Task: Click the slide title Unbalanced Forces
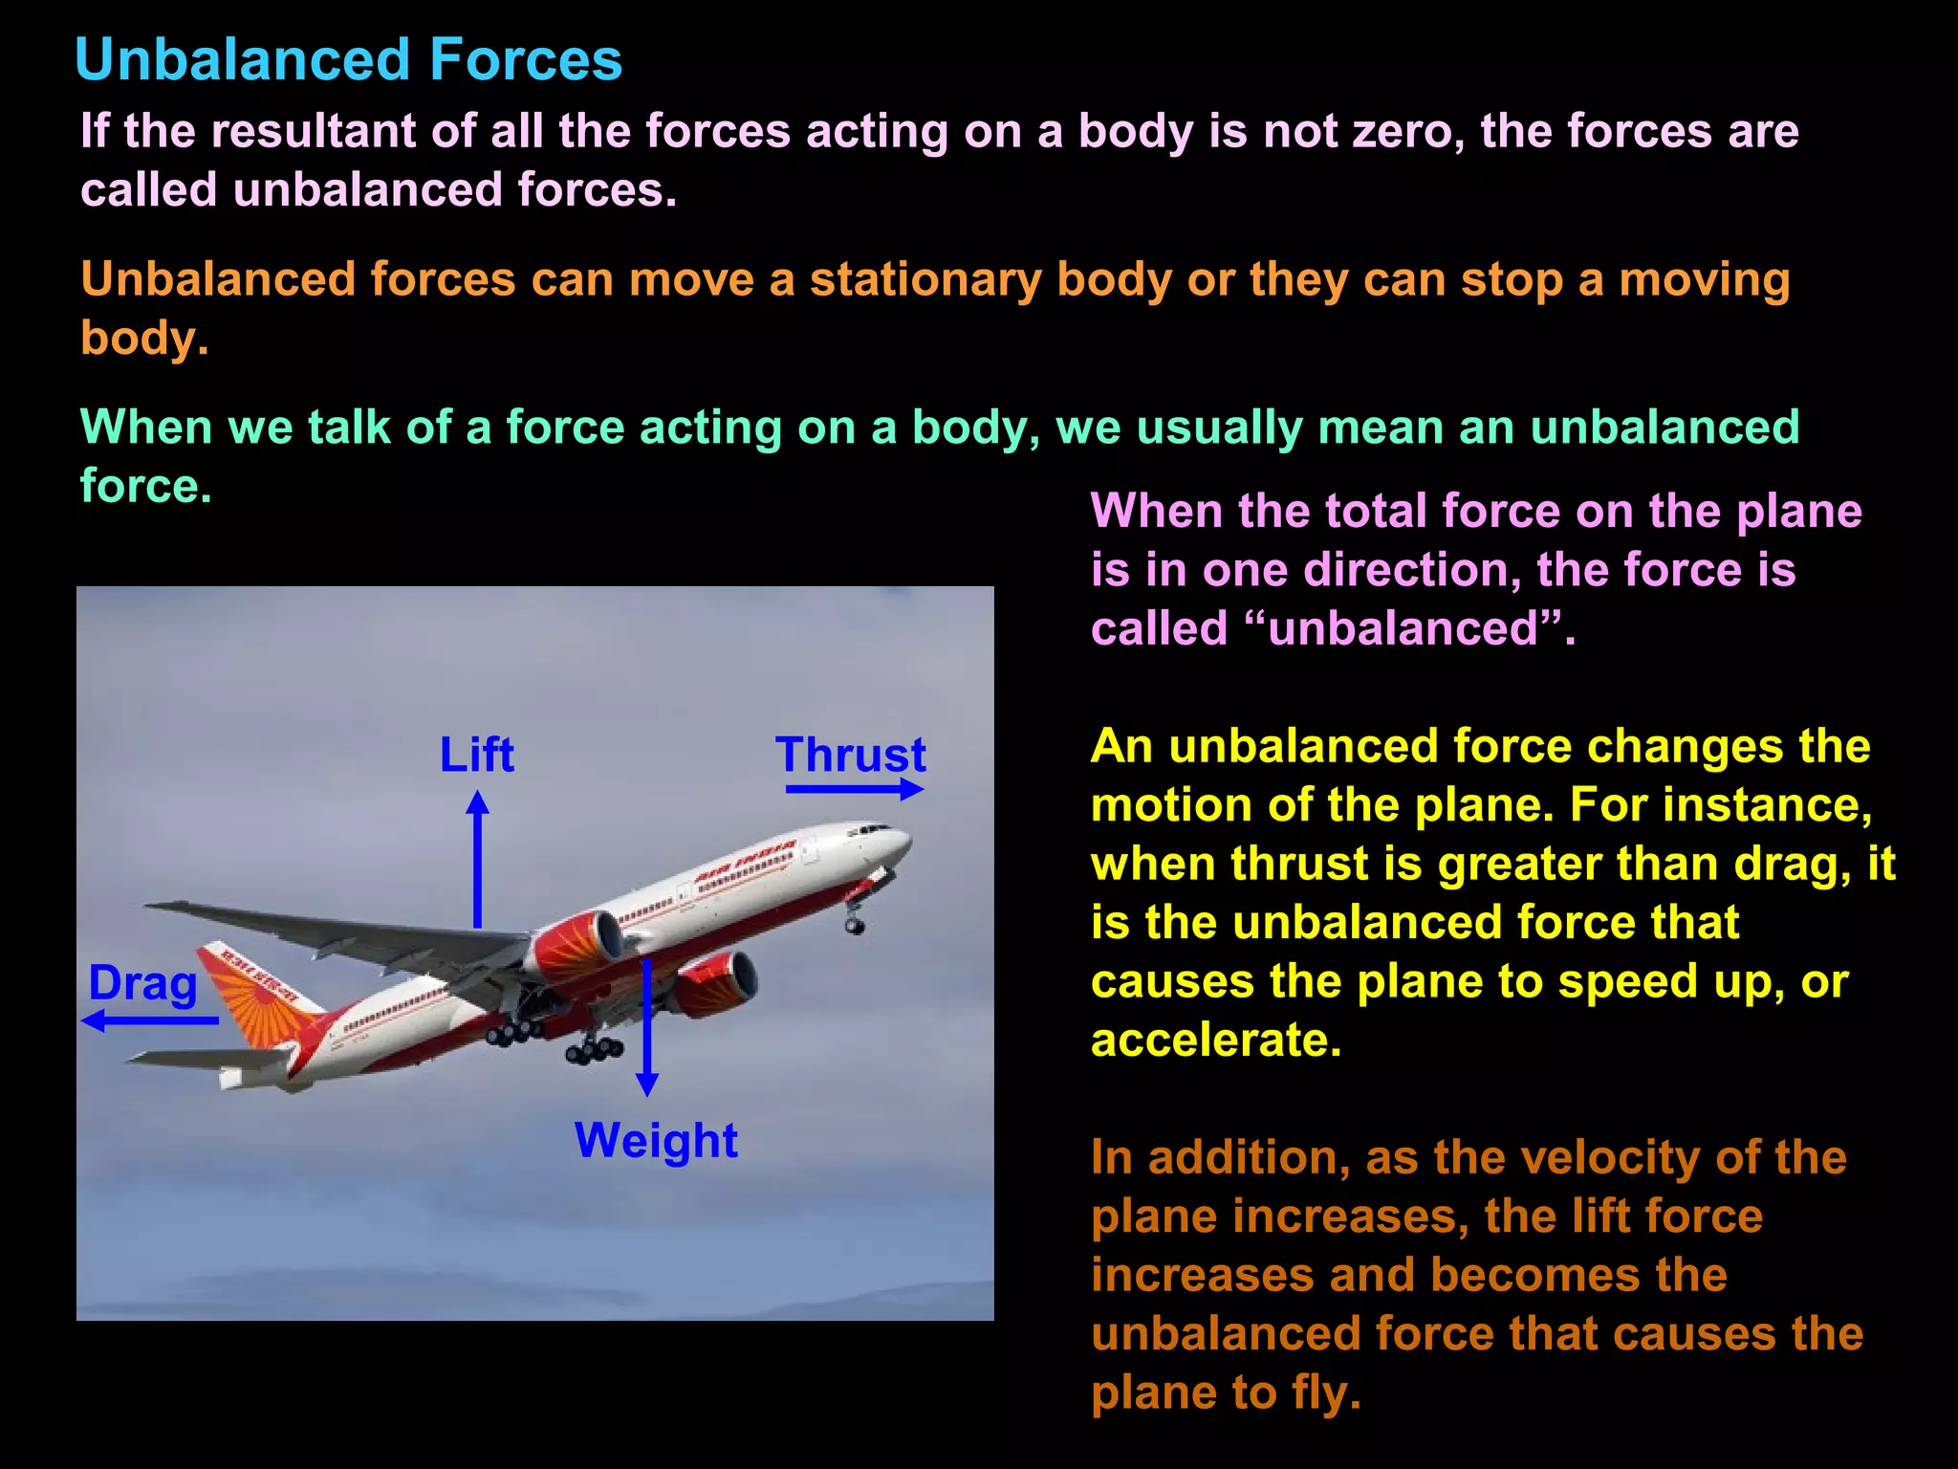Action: tap(348, 59)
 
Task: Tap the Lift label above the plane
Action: tap(476, 755)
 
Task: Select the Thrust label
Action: tap(850, 755)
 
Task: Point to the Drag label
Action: tap(142, 983)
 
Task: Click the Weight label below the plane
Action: tap(656, 1140)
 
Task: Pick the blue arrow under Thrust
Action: tap(854, 789)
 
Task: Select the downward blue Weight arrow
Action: tap(647, 1028)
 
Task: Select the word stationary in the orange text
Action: tap(925, 279)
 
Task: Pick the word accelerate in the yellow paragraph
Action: tap(1215, 1040)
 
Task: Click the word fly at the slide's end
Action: tap(1325, 1392)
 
